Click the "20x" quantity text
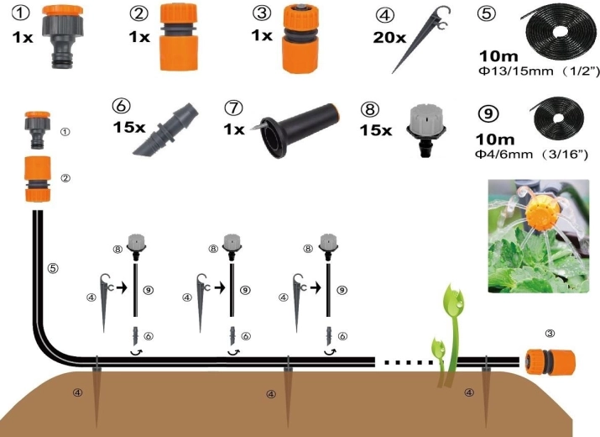pyautogui.click(x=389, y=38)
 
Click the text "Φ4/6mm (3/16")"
pyautogui.click(x=531, y=155)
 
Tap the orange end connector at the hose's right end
pyautogui.click(x=549, y=362)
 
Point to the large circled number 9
pyautogui.click(x=488, y=113)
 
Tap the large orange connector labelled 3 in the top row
pyautogui.click(x=300, y=39)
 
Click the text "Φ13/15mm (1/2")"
pyautogui.click(x=539, y=71)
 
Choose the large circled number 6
pyautogui.click(x=122, y=106)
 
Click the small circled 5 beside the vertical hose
pyautogui.click(x=53, y=268)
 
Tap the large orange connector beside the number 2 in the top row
pyautogui.click(x=178, y=37)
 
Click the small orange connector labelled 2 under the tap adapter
pyautogui.click(x=38, y=179)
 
